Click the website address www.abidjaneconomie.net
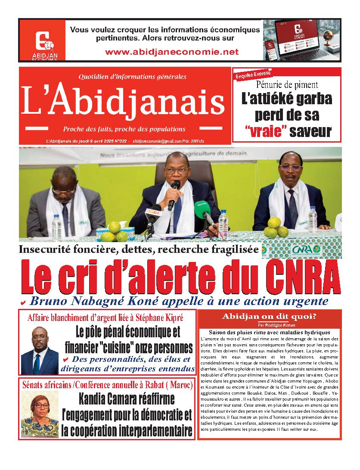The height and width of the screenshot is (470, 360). pyautogui.click(x=171, y=52)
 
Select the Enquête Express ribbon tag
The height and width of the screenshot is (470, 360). pyautogui.click(x=253, y=75)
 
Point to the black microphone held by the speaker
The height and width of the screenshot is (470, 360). pyautogui.click(x=174, y=194)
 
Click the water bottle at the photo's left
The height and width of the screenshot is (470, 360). pyautogui.click(x=56, y=227)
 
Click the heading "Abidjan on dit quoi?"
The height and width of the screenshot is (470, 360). pyautogui.click(x=269, y=317)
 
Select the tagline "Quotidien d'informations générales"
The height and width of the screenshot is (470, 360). pyautogui.click(x=133, y=77)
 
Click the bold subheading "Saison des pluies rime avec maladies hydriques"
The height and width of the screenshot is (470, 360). pyautogui.click(x=269, y=333)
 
